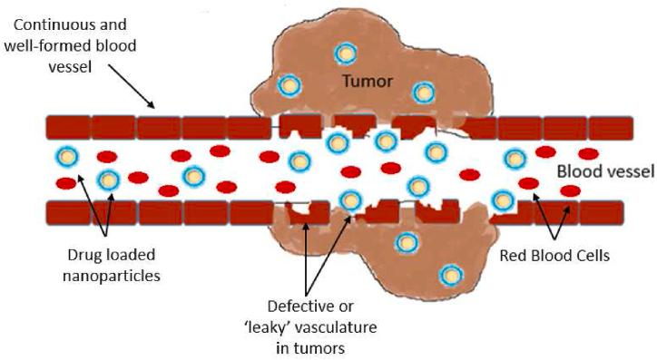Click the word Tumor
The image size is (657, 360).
(368, 83)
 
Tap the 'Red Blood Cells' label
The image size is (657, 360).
(554, 257)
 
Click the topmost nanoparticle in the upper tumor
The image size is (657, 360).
(345, 53)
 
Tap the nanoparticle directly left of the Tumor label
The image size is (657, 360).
(289, 86)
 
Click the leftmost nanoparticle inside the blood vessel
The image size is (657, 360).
(66, 156)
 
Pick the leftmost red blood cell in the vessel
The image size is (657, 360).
(66, 184)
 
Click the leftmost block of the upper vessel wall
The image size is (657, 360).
(68, 127)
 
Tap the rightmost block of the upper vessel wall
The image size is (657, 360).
(601, 128)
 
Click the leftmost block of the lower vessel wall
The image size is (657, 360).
(68, 212)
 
